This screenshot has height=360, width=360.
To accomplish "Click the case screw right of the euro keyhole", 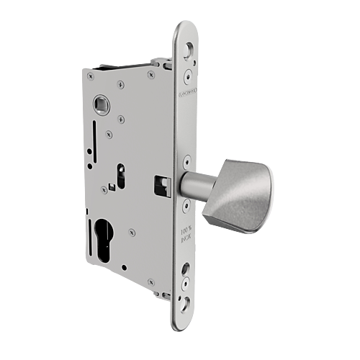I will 131,233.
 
